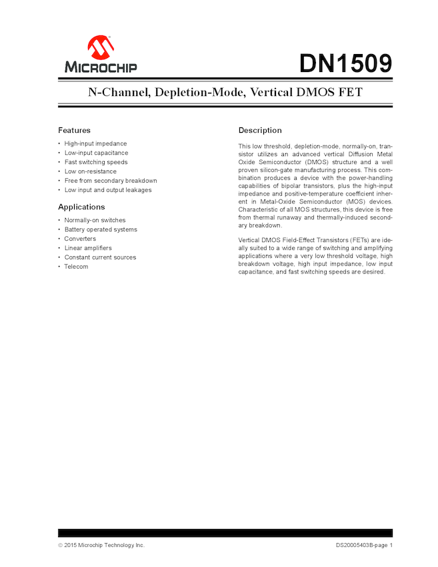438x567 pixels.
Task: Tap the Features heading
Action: tap(74, 130)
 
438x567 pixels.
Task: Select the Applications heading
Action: tap(81, 207)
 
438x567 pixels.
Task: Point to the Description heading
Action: tap(260, 130)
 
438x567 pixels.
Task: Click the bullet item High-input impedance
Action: tap(95, 143)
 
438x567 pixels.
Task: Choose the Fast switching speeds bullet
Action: tap(96, 162)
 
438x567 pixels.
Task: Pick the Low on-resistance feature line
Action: tap(90, 171)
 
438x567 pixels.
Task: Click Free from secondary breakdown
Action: tap(111, 181)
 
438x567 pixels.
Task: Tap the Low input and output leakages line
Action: tap(108, 190)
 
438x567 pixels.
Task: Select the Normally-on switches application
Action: tap(95, 220)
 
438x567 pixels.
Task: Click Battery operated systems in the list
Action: tap(101, 229)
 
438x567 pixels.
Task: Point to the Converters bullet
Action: tap(80, 239)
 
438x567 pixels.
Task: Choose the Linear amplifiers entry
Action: tap(88, 248)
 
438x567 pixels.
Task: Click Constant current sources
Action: tap(100, 257)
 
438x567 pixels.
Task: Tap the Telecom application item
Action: tap(76, 267)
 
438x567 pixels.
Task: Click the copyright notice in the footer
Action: tap(101, 545)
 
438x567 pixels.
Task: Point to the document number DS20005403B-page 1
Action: tap(364, 545)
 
